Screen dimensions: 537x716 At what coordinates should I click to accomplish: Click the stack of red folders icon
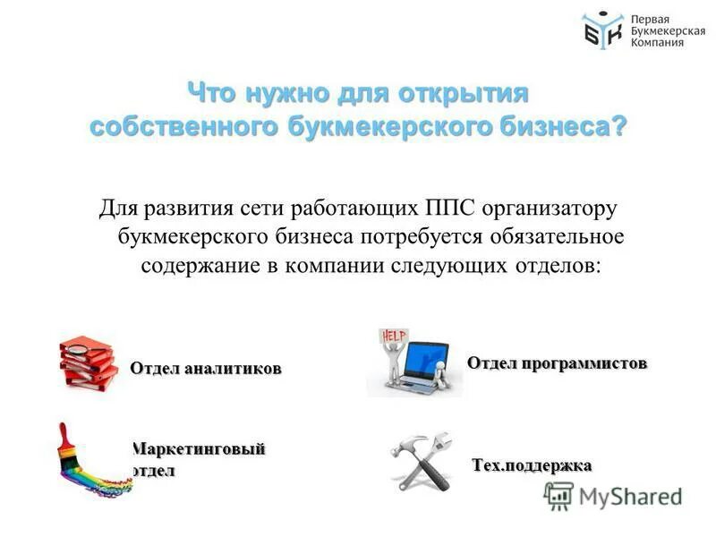pos(89,362)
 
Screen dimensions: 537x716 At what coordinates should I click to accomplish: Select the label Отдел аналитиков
pos(205,368)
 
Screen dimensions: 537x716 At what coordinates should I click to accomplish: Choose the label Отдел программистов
pos(556,362)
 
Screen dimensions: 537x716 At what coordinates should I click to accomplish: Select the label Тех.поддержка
pos(532,465)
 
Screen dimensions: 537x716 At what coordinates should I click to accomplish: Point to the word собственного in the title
pos(183,126)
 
